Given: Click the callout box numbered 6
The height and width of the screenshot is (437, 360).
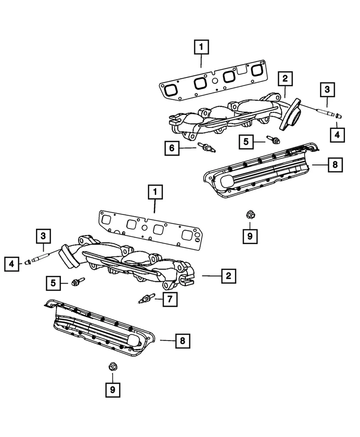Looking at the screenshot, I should point(172,148).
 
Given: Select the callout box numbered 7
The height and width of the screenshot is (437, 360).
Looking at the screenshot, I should point(170,299).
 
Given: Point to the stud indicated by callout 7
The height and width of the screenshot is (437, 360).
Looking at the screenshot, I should point(145,299).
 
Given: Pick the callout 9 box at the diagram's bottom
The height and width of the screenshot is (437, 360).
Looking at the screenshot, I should point(112,389).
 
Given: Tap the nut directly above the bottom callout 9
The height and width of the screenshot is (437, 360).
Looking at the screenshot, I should point(112,367).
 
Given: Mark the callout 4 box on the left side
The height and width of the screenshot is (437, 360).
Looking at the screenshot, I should point(12,264).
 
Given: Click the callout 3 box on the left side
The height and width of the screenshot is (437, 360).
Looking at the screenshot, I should point(43,236).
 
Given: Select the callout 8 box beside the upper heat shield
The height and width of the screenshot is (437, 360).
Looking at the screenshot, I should point(335,164).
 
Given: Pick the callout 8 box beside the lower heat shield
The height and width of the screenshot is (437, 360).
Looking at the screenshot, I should point(183,340).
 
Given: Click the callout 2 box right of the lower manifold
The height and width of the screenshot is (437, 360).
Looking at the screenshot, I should point(228,275).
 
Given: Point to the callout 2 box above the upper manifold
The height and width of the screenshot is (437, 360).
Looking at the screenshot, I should point(284,79).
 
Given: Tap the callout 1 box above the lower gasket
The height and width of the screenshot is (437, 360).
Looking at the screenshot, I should point(155,193).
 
